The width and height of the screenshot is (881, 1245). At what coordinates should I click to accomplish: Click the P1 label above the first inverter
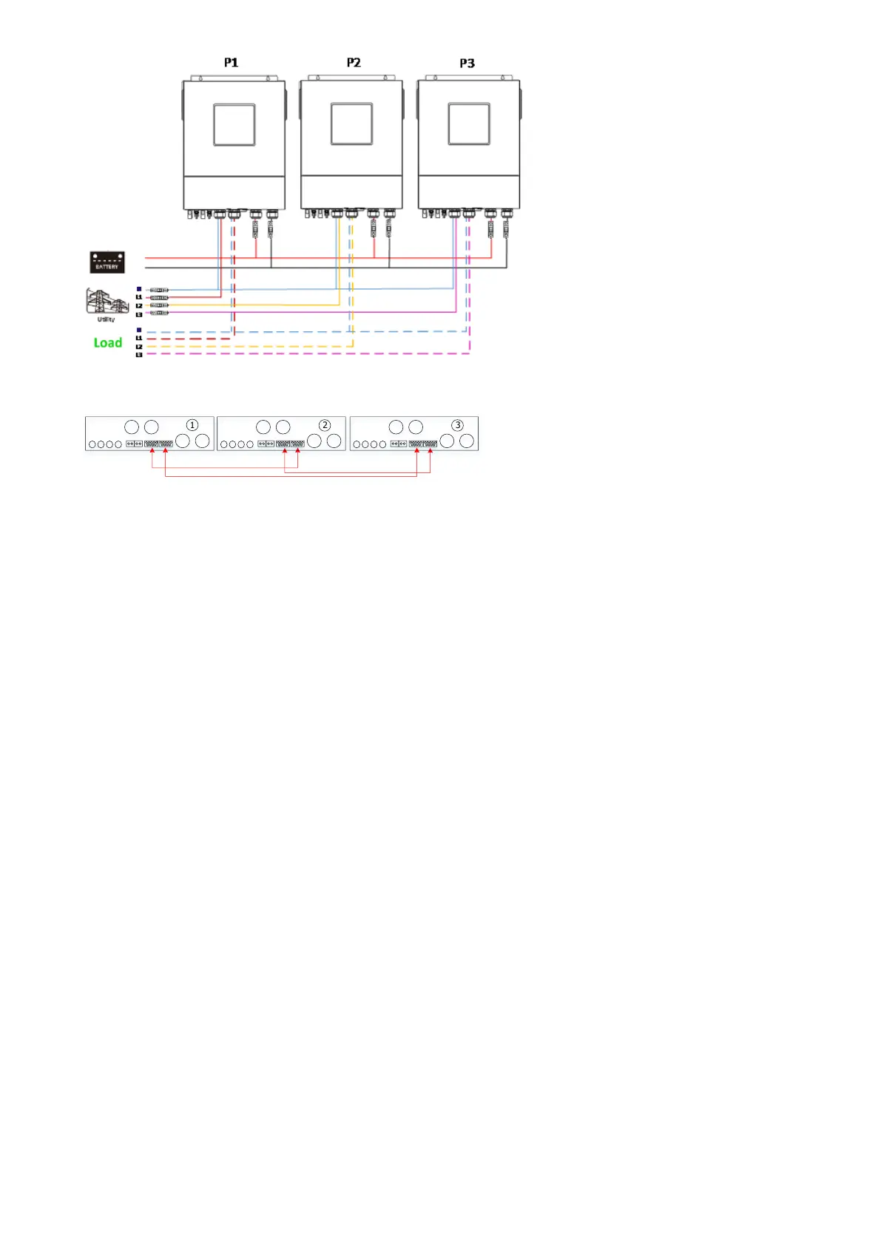(232, 63)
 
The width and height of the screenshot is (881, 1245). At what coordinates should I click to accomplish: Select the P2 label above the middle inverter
(354, 63)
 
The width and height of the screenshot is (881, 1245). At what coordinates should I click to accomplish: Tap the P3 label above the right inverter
(467, 64)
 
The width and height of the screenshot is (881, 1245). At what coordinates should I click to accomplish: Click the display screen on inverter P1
(234, 125)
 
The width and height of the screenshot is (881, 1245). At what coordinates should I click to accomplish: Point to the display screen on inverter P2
(351, 124)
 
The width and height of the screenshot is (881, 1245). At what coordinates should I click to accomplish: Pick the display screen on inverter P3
(469, 124)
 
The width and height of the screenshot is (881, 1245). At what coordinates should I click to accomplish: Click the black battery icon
(107, 262)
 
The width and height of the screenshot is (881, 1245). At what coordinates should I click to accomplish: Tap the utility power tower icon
(106, 302)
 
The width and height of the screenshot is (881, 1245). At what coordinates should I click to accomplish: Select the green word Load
(108, 342)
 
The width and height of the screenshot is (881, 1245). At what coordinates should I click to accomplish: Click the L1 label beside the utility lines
(138, 297)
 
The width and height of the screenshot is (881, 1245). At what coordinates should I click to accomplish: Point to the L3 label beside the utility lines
(138, 314)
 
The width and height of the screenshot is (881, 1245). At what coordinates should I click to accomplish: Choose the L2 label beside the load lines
(138, 347)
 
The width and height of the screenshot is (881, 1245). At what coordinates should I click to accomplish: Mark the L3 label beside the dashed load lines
(138, 355)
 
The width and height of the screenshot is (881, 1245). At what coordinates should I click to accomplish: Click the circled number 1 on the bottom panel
(192, 425)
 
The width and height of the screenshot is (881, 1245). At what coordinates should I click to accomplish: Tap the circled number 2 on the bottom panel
(325, 425)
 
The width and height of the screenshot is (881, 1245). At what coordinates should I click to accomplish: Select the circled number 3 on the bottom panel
(458, 425)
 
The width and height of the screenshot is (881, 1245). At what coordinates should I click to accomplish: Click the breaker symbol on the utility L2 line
(158, 305)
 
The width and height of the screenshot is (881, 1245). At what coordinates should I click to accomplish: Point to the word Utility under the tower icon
(106, 319)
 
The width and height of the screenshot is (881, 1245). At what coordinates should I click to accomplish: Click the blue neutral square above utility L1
(139, 289)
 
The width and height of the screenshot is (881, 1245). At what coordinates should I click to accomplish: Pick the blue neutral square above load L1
(139, 330)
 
